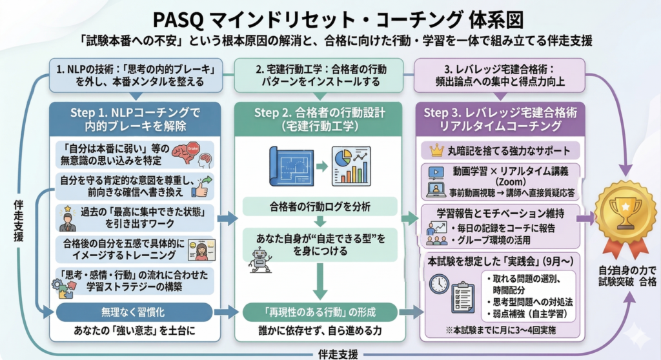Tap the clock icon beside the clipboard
[x=439, y=283]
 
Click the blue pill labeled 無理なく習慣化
[x=134, y=313]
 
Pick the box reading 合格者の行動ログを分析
[x=315, y=206]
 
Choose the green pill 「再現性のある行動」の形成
[x=315, y=313]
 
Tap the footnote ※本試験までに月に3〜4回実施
[x=499, y=330]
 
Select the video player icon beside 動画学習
[x=435, y=173]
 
